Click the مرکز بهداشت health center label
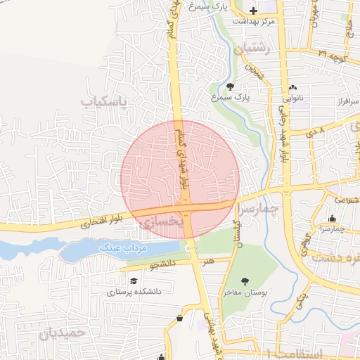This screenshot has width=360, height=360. [255, 21]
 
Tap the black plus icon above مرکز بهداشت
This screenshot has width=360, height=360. [254, 11]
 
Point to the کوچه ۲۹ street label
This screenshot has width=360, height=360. [331, 53]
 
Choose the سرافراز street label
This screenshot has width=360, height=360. [347, 102]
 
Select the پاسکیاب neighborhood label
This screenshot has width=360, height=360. [105, 103]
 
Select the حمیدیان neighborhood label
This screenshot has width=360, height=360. [63, 333]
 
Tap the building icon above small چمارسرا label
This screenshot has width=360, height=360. [333, 219]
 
